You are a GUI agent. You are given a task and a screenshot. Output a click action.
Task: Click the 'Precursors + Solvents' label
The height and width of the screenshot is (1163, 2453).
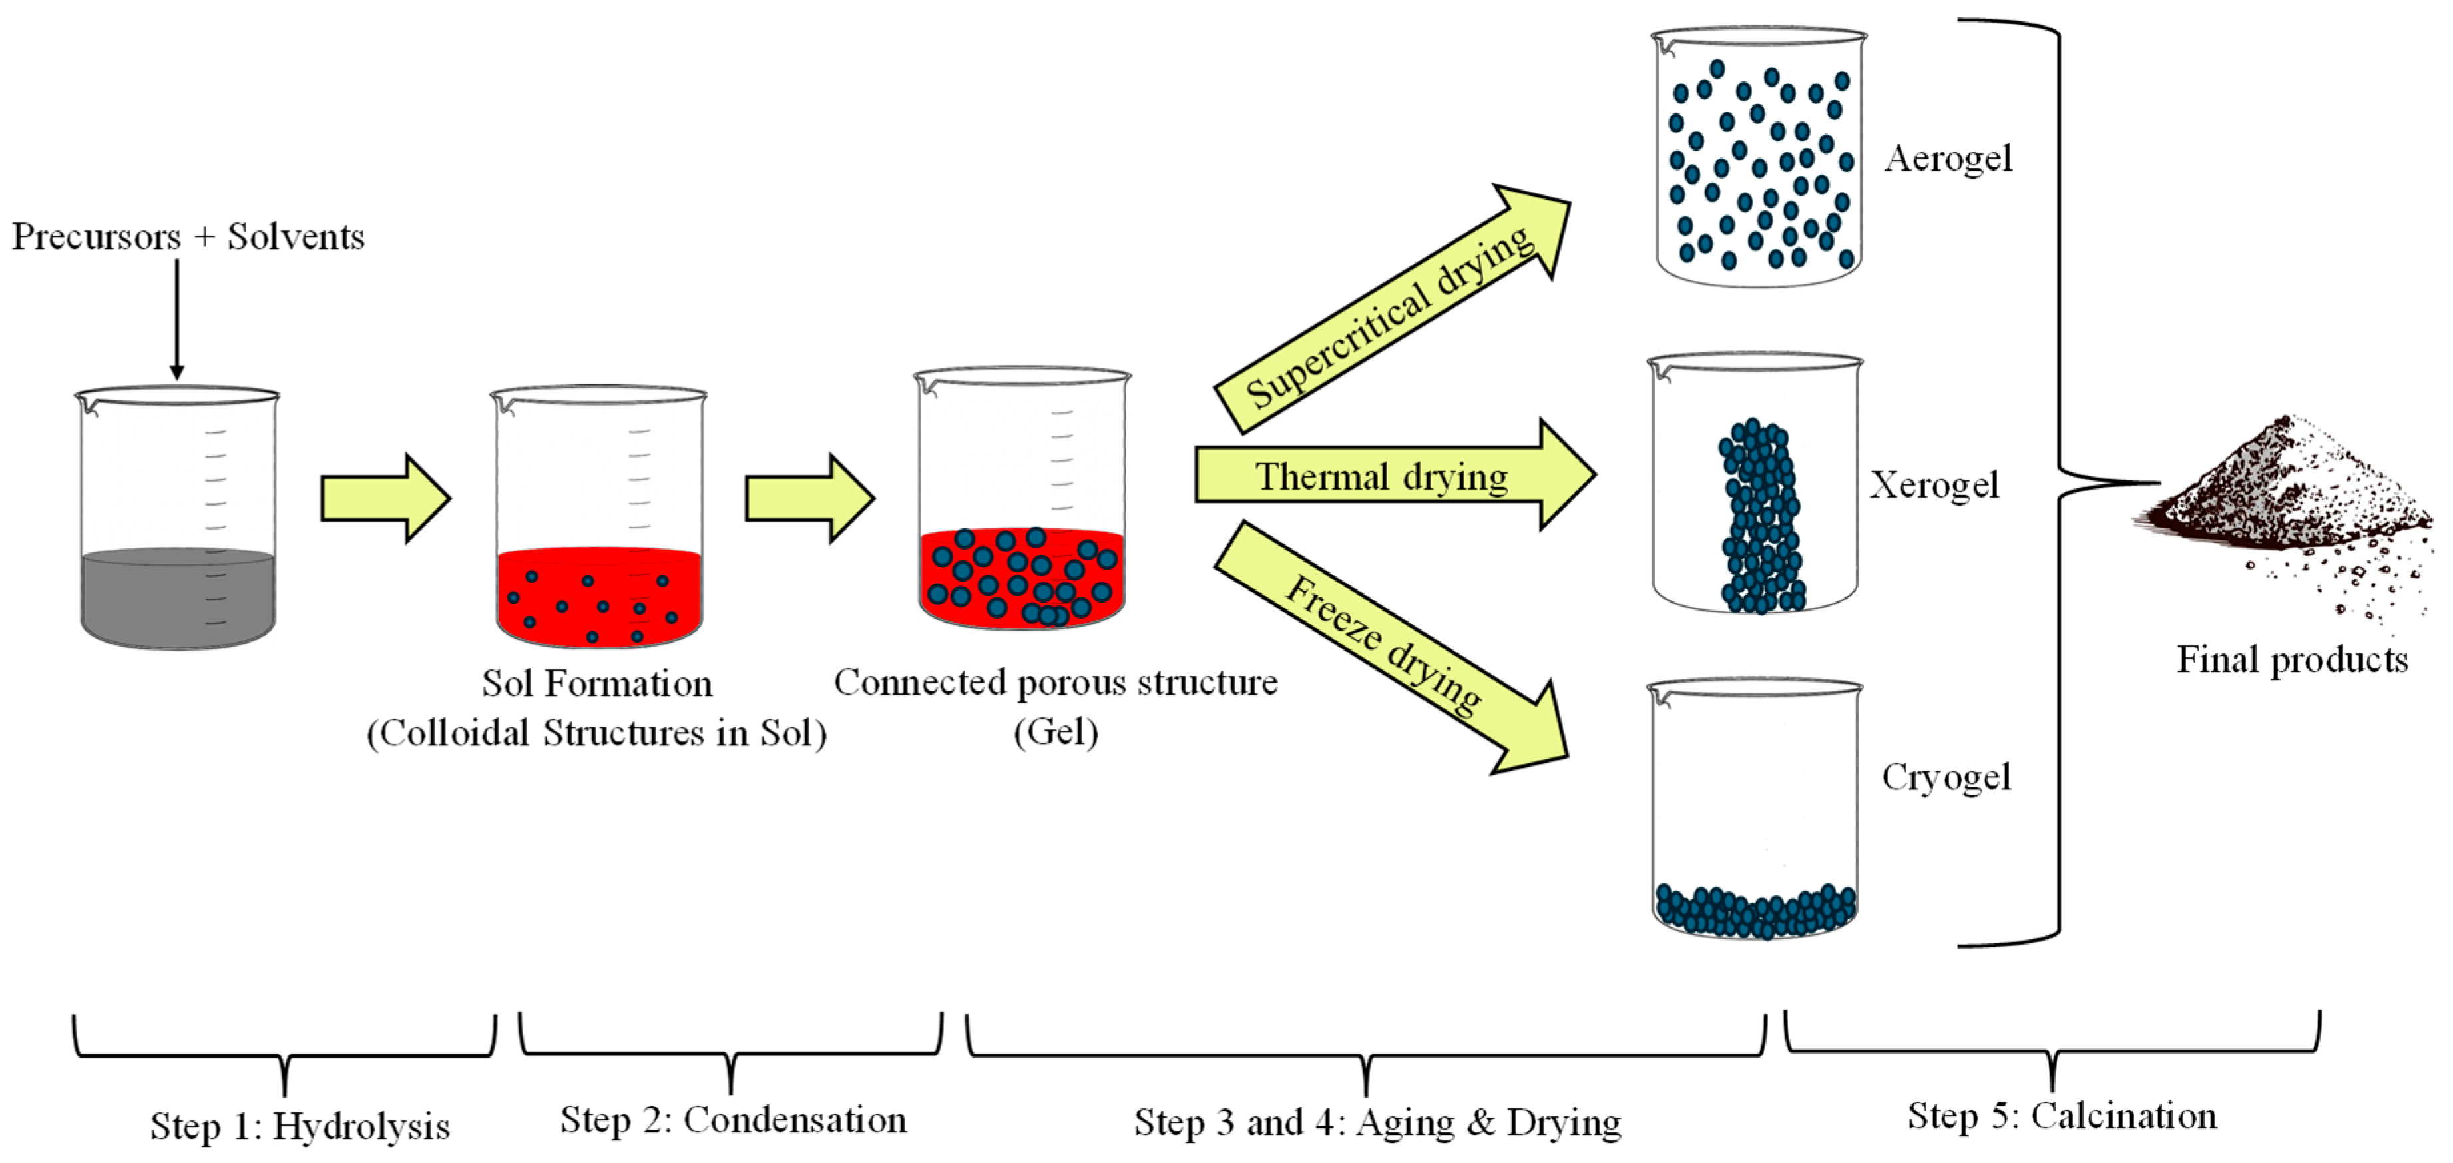pyautogui.click(x=188, y=236)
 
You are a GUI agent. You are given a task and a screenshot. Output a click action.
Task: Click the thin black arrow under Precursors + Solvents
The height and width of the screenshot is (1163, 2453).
pyautogui.click(x=176, y=319)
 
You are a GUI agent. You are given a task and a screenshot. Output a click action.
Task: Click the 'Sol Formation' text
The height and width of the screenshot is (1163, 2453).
pyautogui.click(x=596, y=683)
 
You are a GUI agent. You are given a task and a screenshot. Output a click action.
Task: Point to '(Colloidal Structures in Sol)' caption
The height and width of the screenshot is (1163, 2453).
pyautogui.click(x=596, y=733)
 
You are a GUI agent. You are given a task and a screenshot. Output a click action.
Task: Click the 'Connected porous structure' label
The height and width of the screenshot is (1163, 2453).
pyautogui.click(x=1055, y=682)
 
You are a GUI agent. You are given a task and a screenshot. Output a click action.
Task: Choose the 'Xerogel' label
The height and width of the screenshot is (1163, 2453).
pyautogui.click(x=1933, y=485)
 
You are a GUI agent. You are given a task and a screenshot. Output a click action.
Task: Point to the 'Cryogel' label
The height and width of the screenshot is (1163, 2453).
pyautogui.click(x=1946, y=777)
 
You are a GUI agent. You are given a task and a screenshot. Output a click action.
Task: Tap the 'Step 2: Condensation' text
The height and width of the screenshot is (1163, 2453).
pyautogui.click(x=732, y=1120)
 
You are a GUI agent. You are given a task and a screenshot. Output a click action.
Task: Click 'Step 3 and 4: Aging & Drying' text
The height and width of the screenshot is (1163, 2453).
pyautogui.click(x=1377, y=1122)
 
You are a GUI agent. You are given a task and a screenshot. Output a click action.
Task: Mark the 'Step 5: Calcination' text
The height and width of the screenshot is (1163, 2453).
pyautogui.click(x=2062, y=1116)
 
